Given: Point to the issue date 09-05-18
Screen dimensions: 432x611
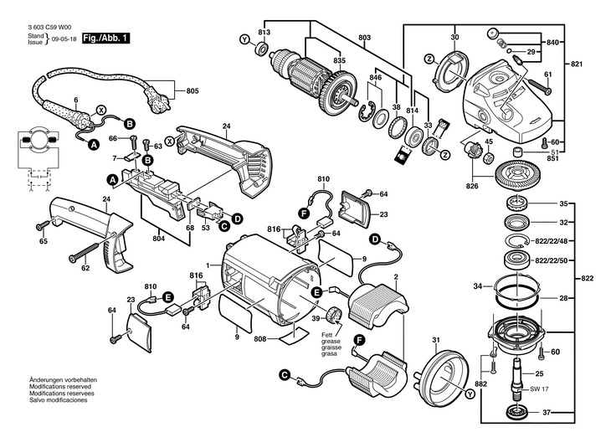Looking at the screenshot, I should tap(63, 40).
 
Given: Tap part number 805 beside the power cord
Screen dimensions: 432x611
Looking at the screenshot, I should tap(191, 90).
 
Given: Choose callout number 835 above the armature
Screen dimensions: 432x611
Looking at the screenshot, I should tap(315, 61).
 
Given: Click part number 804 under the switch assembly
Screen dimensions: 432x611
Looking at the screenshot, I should tap(164, 239).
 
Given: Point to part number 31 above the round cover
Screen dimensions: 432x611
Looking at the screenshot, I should tap(436, 339).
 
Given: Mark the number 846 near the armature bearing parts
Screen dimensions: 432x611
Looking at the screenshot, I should tap(376, 78).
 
